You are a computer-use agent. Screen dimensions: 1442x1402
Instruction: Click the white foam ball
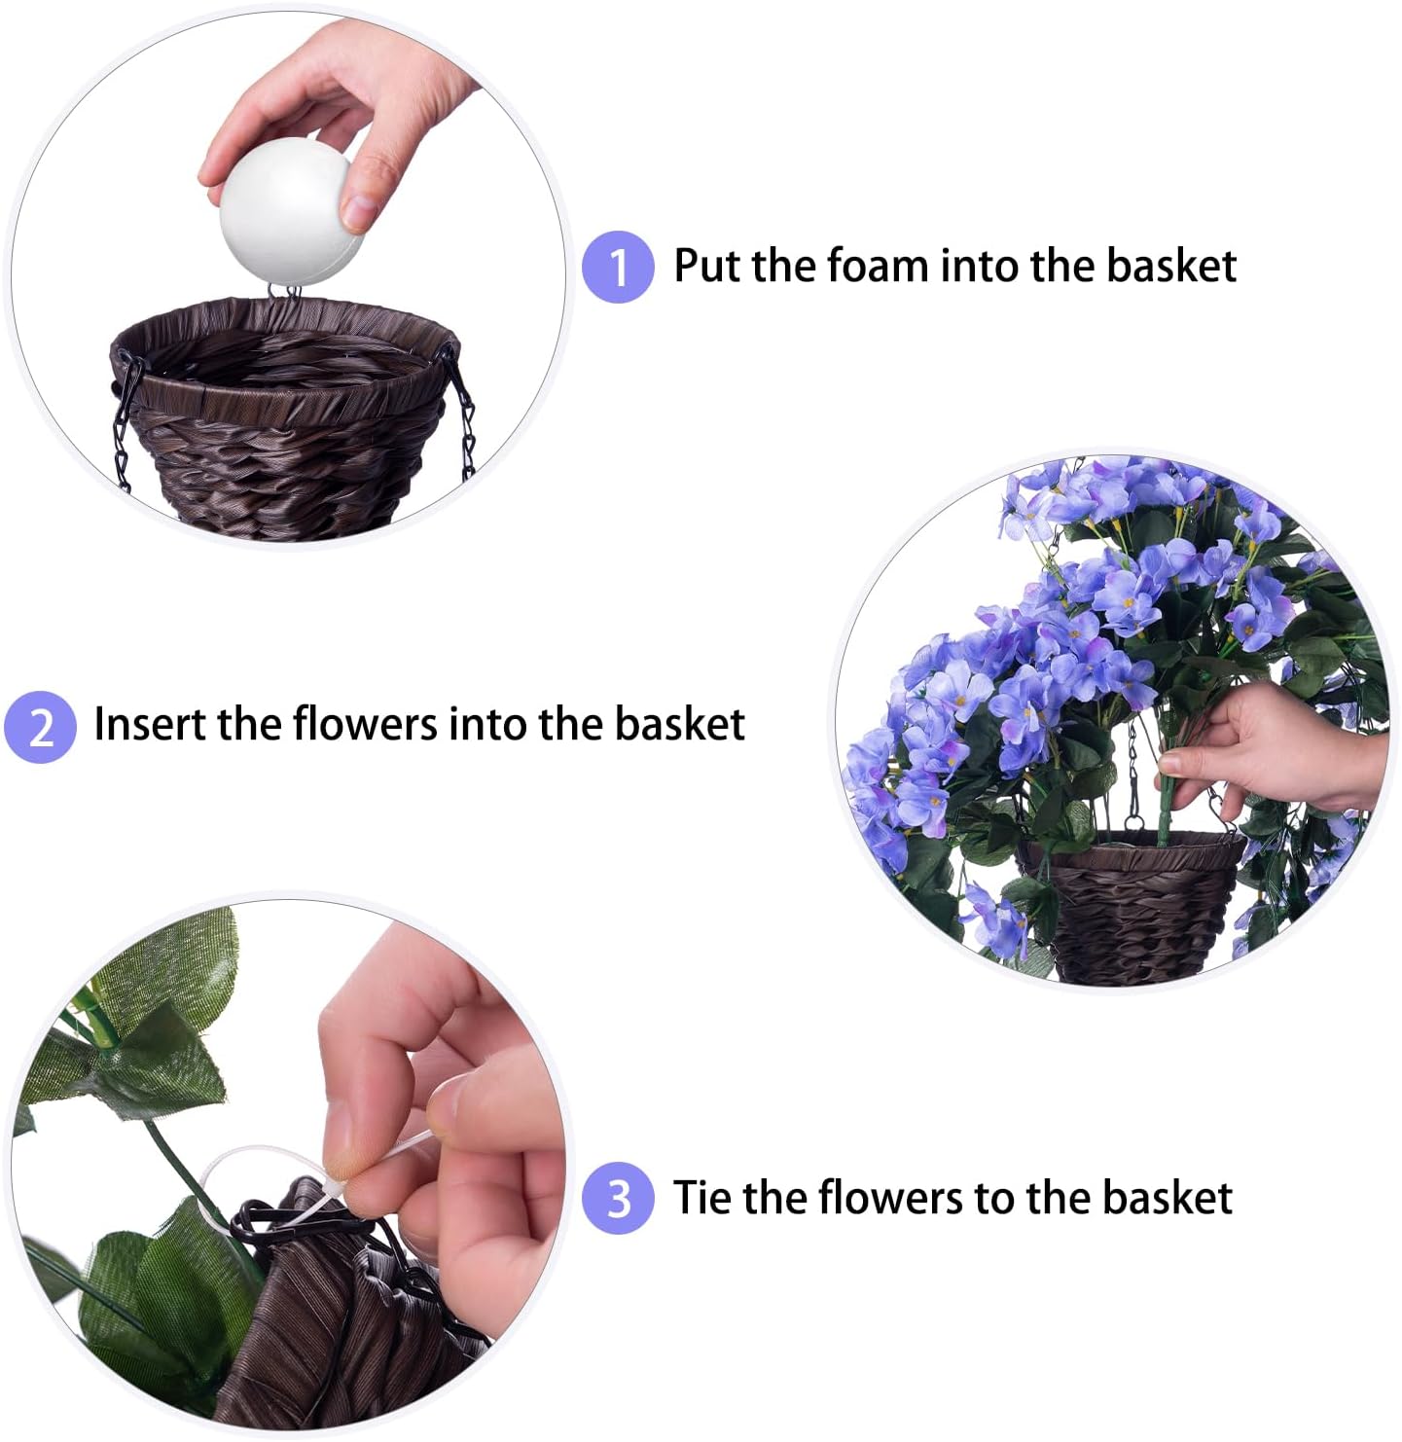point(290,211)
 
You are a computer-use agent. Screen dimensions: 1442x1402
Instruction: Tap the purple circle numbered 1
point(618,267)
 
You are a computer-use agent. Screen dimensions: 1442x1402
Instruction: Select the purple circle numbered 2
point(40,727)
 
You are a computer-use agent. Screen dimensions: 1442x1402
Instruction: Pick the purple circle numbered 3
point(618,1198)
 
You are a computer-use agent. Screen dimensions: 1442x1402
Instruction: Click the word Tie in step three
point(702,1197)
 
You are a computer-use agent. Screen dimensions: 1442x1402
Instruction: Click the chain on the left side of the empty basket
point(123,428)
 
